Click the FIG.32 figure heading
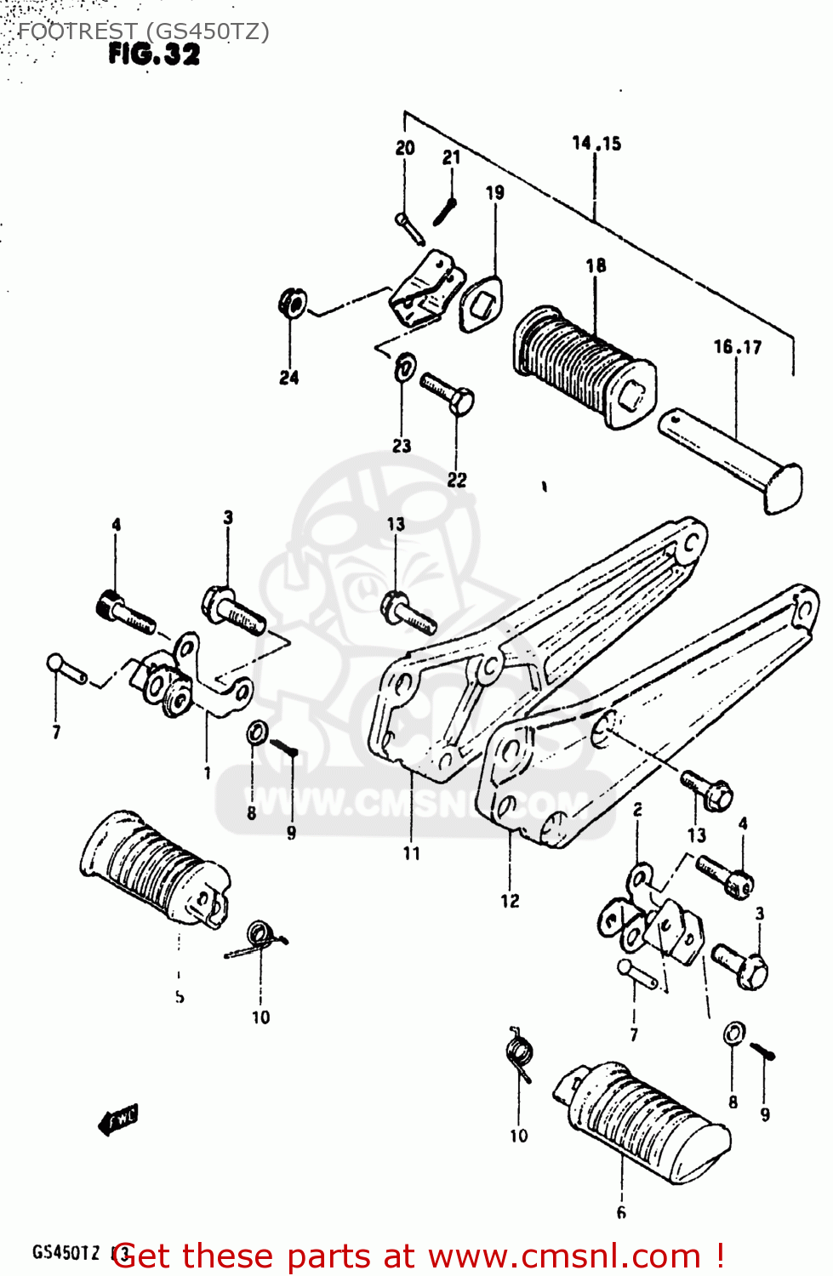pos(154,54)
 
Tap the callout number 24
pos(289,377)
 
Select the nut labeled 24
pos(292,302)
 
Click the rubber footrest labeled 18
pos(583,367)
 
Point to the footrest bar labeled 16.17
pos(732,459)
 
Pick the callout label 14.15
pos(596,143)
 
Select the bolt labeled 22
pos(448,394)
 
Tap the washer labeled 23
pos(405,368)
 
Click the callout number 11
pos(412,852)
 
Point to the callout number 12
pos(510,900)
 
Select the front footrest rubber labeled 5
pos(153,868)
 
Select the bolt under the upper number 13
pos(408,612)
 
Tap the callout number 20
pos(405,147)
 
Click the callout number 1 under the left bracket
pos(207,772)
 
